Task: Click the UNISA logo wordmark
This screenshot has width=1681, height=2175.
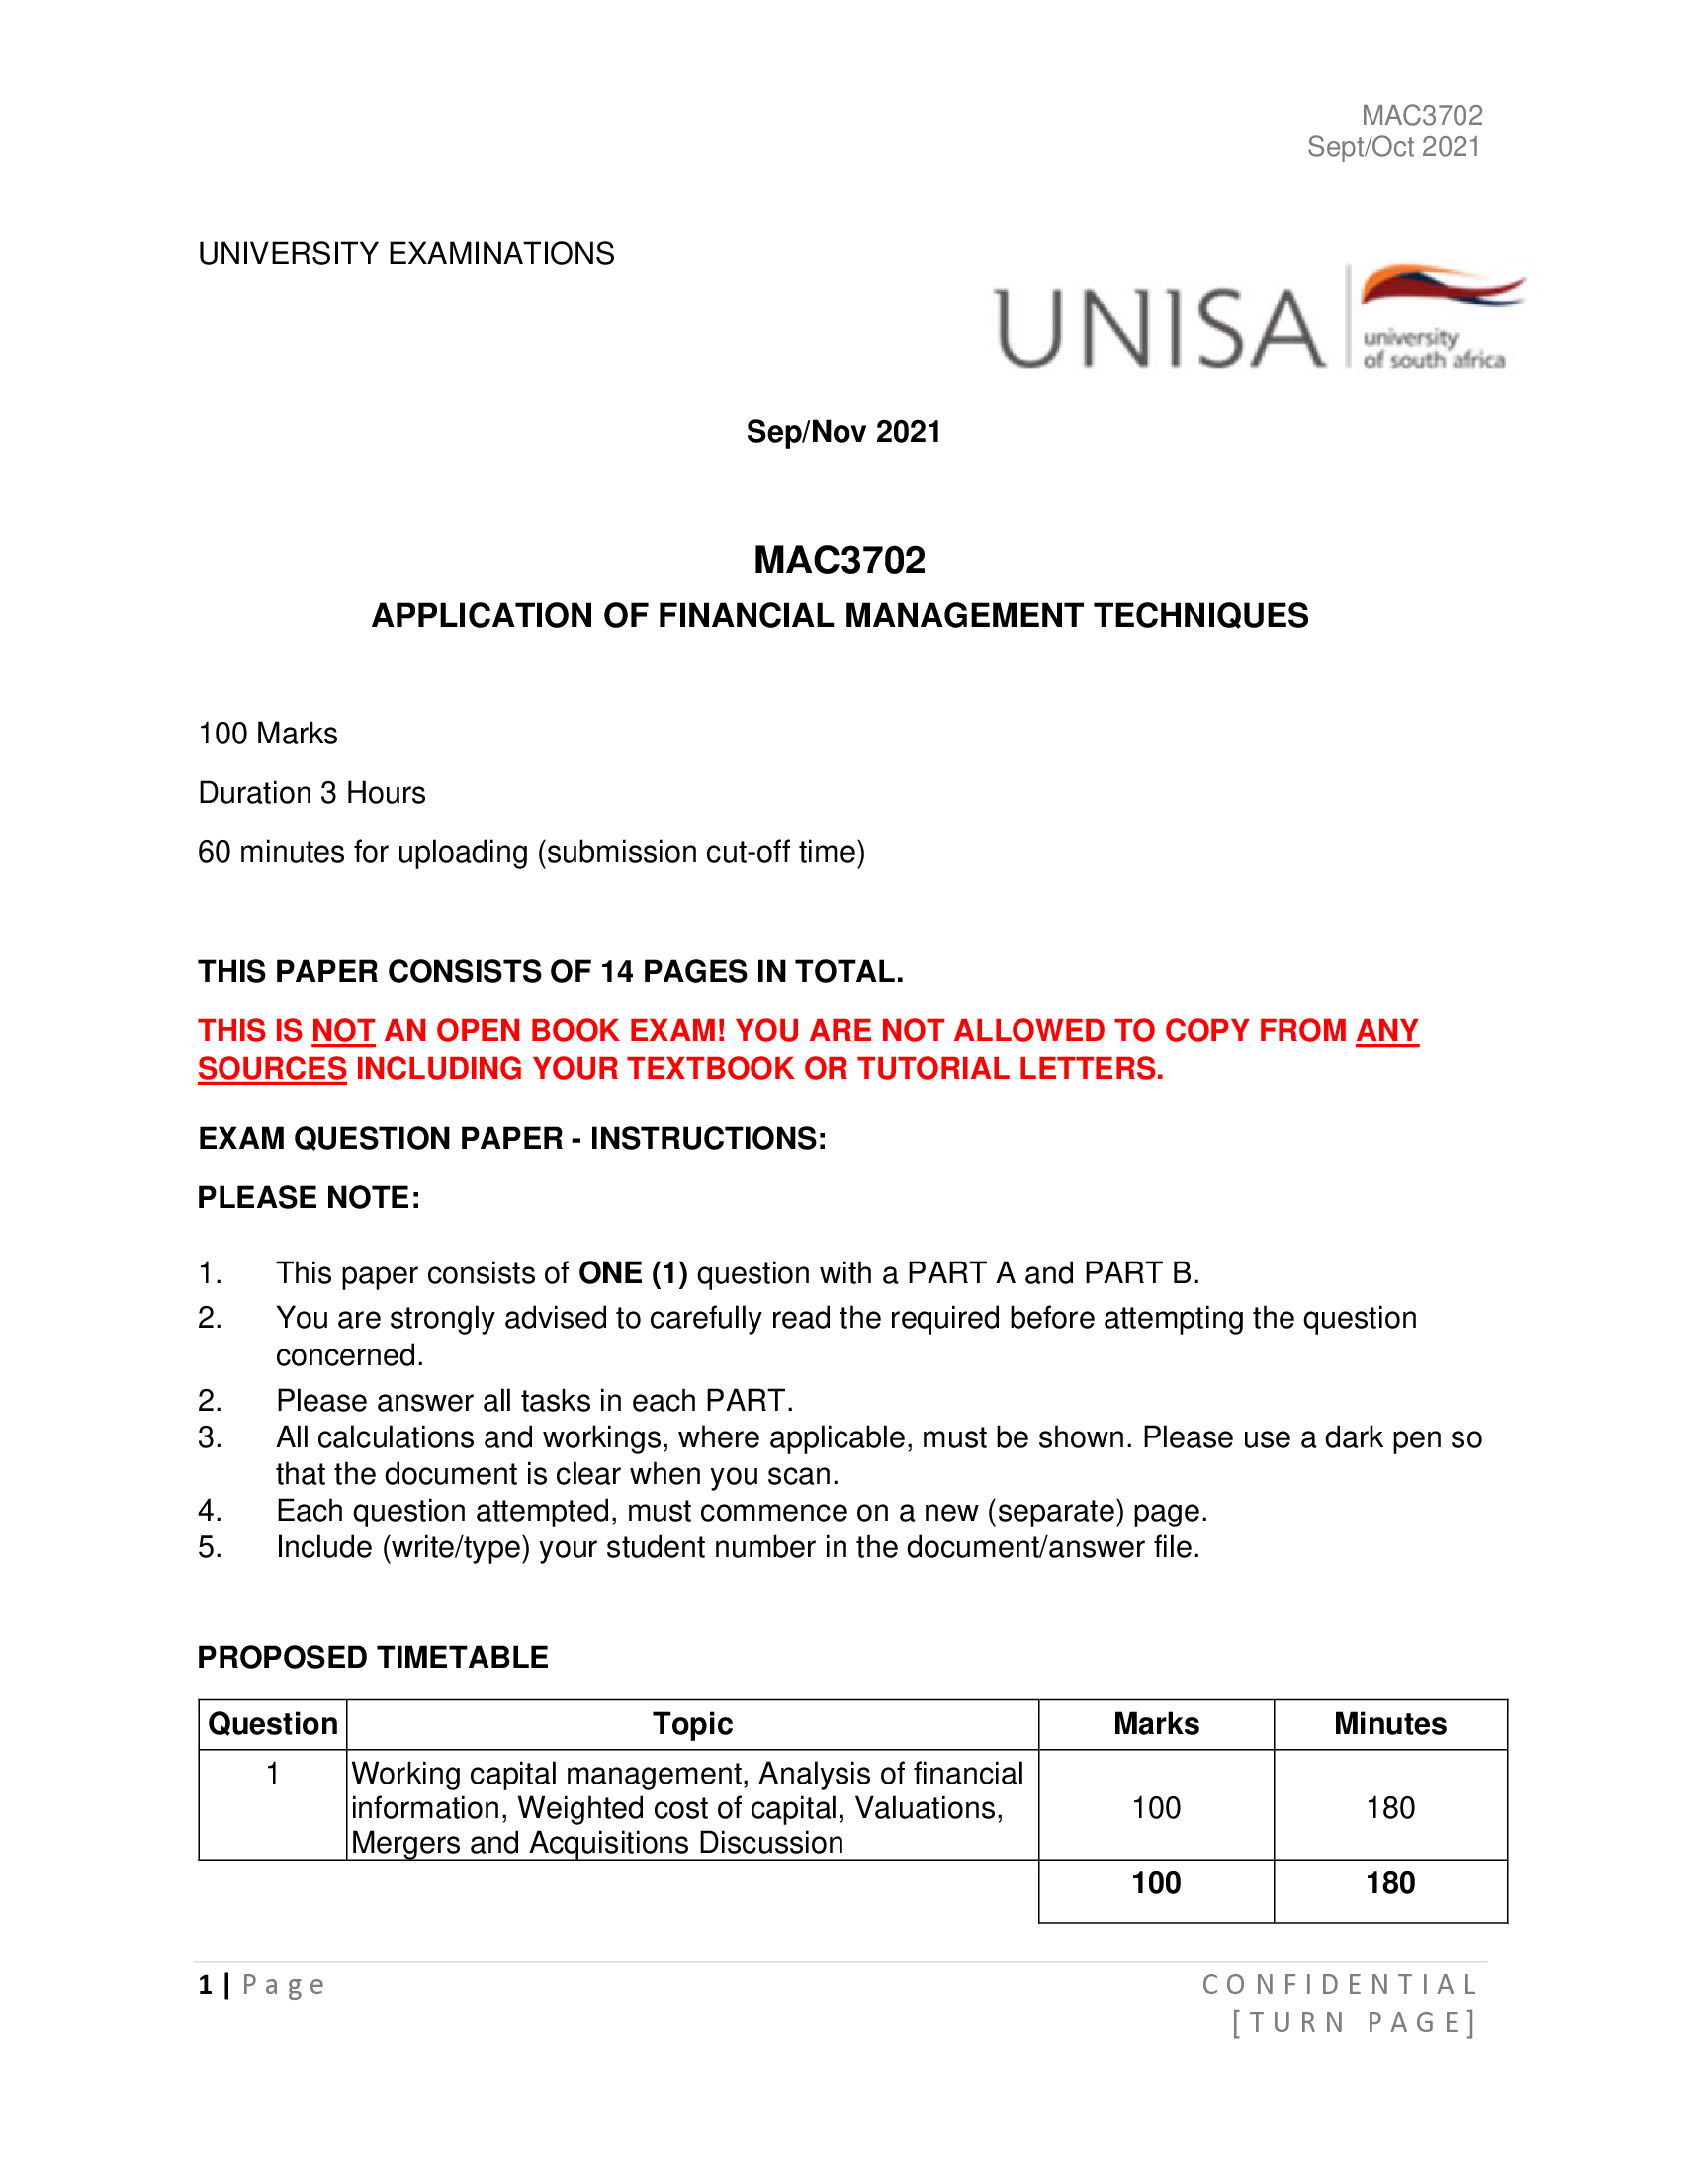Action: [x=1160, y=327]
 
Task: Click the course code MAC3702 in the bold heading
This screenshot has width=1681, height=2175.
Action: [x=840, y=561]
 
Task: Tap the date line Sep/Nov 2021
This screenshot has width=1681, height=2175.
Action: [x=843, y=432]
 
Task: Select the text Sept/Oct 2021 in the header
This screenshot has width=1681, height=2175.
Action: [x=1393, y=147]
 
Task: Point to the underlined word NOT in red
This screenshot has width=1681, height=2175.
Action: [x=342, y=1031]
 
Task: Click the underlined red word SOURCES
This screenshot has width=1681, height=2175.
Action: [x=272, y=1069]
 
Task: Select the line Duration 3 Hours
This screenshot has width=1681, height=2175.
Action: [x=311, y=793]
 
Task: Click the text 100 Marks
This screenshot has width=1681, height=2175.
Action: [x=268, y=734]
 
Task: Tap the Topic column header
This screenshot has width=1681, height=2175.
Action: [x=692, y=1724]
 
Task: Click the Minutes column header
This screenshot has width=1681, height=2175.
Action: [x=1390, y=1724]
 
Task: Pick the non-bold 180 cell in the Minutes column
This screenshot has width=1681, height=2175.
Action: [x=1390, y=1807]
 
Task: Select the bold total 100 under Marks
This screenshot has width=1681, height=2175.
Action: [x=1156, y=1883]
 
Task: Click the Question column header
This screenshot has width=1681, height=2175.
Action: [x=273, y=1724]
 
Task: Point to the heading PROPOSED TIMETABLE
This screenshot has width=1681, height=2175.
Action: [x=373, y=1657]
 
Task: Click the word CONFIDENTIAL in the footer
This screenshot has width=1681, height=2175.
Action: [x=1340, y=1985]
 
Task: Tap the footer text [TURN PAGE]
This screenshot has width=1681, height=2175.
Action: [x=1354, y=2023]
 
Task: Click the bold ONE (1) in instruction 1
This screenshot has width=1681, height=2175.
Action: [x=633, y=1273]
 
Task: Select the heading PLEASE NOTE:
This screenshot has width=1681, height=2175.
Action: [x=309, y=1198]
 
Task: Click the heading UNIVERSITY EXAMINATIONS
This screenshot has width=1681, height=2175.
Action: [x=406, y=254]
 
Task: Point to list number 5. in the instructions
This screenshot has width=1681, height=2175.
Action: [x=209, y=1547]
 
